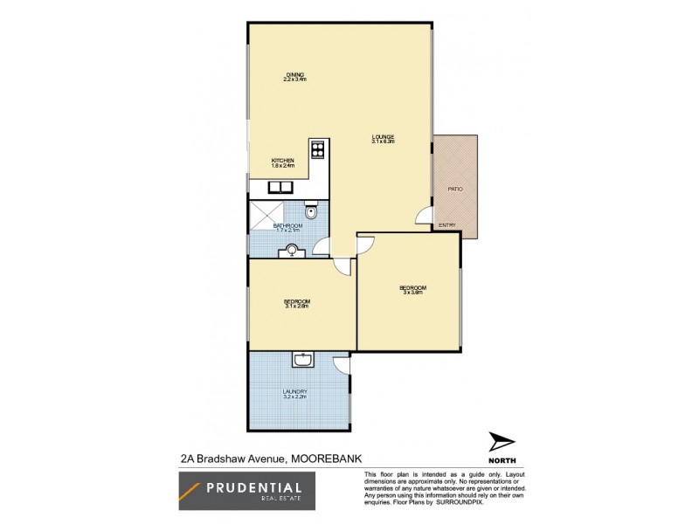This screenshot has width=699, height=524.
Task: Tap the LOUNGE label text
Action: (x=383, y=136)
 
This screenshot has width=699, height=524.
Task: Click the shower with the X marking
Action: (x=266, y=211)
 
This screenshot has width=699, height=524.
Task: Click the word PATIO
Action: (x=455, y=188)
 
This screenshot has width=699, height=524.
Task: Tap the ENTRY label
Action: (x=447, y=225)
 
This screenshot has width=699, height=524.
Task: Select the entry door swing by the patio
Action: (x=423, y=216)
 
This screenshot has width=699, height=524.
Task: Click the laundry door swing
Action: (x=341, y=367)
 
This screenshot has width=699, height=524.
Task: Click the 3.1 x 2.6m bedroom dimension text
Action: (x=296, y=306)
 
